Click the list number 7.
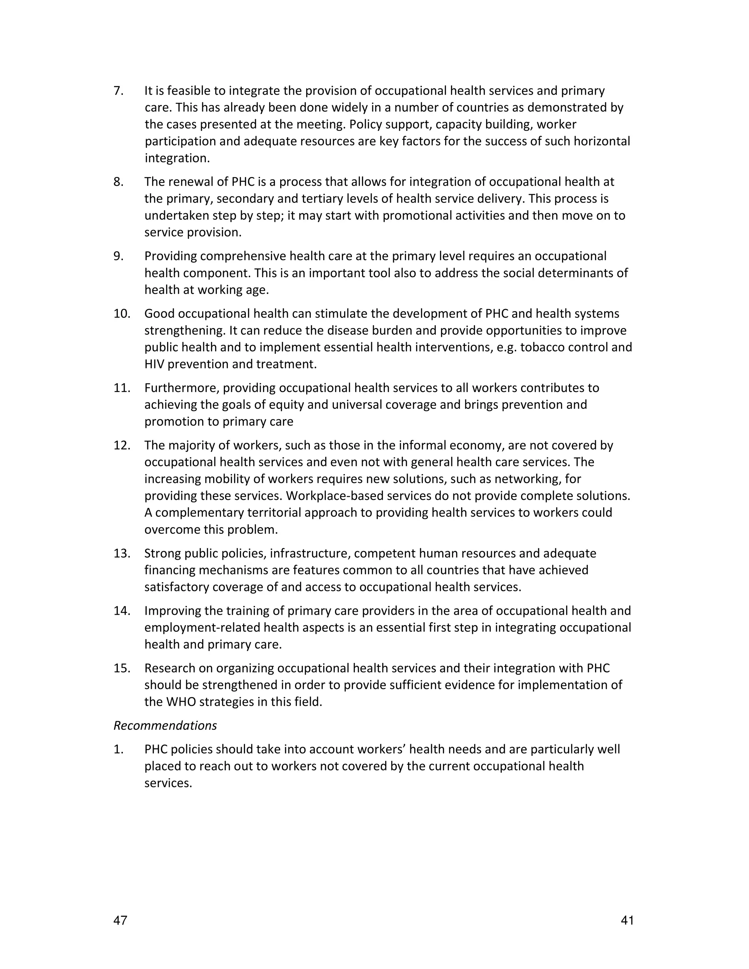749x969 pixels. [118, 91]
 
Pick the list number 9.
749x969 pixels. [118, 256]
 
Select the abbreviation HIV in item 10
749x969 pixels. [154, 364]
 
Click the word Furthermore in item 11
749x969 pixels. [181, 388]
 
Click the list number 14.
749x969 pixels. [121, 611]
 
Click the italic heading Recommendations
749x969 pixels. [165, 726]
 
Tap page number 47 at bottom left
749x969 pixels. [120, 921]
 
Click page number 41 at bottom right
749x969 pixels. [627, 921]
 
